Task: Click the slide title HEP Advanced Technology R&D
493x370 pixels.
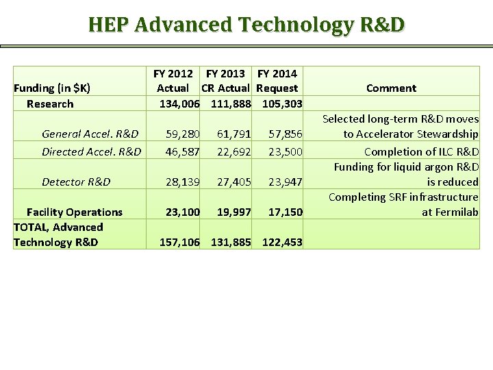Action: tap(246, 25)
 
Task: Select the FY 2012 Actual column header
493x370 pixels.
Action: tap(173, 80)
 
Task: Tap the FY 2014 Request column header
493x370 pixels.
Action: tap(277, 80)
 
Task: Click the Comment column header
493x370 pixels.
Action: tap(391, 88)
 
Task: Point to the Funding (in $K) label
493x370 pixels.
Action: tap(52, 88)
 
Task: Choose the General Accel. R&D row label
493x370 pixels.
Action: tap(90, 134)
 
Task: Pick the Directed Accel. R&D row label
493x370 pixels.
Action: tap(91, 151)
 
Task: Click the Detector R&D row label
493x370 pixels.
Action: tap(76, 182)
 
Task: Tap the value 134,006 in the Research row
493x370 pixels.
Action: tap(179, 103)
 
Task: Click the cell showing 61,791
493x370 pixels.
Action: tap(233, 134)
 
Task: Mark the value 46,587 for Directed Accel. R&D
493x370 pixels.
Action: tap(182, 151)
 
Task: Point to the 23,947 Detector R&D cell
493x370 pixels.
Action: tap(285, 182)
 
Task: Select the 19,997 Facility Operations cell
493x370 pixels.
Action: tap(233, 212)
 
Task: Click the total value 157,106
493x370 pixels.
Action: tap(179, 242)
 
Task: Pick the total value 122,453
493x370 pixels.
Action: tap(282, 242)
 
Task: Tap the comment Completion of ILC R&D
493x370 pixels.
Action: tap(421, 151)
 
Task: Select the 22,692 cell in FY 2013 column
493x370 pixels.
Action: tap(233, 151)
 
